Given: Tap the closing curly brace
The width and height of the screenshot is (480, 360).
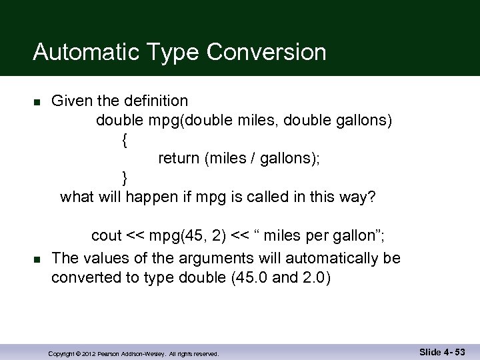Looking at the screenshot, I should pyautogui.click(x=124, y=177).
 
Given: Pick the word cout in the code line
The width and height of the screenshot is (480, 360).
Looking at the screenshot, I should pyautogui.click(x=106, y=235).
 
